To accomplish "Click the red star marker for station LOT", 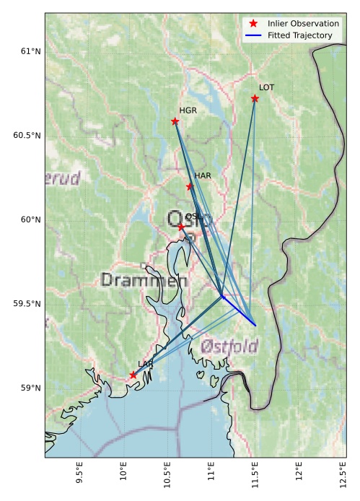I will [255, 98].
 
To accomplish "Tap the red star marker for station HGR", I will [175, 121].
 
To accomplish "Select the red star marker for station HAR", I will [190, 186].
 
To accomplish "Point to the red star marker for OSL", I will [181, 227].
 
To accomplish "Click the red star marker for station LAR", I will [133, 375].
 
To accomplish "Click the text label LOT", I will [266, 87].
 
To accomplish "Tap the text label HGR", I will [188, 110].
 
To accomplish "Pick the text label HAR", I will [202, 175].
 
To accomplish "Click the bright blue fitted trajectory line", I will [240, 311].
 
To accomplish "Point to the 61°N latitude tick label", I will [30, 51].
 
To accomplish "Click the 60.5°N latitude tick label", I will [27, 136].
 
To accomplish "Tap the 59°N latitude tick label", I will [30, 388].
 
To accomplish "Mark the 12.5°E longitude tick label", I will [341, 476].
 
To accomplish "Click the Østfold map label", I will [229, 347].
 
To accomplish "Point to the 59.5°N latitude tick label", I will [27, 304].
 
